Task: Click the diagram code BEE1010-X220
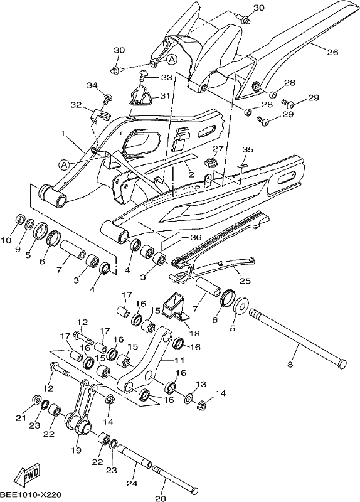31,494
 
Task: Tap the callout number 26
332,51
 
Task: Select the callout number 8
290,365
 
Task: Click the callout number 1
63,132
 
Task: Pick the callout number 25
245,281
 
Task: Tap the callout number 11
179,360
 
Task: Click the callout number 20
161,498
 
